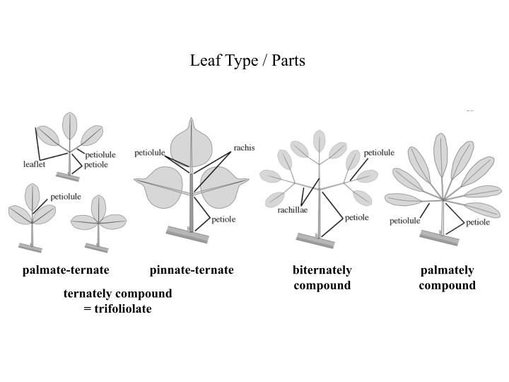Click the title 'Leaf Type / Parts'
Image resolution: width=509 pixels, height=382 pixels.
(247, 61)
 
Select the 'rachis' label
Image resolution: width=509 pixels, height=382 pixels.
(244, 148)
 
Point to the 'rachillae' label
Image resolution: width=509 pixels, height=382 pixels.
(293, 210)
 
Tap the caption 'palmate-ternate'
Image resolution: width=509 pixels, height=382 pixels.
(66, 270)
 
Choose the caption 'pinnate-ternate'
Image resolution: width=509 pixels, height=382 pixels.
(192, 270)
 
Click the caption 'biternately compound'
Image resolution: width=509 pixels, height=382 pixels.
(322, 278)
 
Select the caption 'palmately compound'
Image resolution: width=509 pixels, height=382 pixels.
(447, 278)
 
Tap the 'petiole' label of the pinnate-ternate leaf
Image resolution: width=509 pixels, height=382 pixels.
(223, 219)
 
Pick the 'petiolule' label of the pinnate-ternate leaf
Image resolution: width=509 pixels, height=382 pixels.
(149, 152)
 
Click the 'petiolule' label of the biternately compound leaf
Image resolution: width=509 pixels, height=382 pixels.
(379, 152)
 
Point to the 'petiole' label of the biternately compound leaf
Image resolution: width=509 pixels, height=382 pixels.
(356, 217)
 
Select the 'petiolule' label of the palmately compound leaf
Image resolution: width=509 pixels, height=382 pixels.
(405, 221)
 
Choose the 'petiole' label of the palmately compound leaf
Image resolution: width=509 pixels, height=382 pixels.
(478, 221)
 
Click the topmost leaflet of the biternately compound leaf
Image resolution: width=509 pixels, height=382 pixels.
(320, 140)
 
